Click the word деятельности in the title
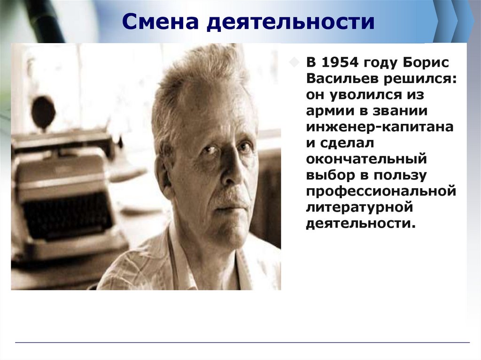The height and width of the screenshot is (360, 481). (x=292, y=22)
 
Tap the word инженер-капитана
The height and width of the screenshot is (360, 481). (x=380, y=126)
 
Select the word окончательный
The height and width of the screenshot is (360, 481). (x=366, y=158)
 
